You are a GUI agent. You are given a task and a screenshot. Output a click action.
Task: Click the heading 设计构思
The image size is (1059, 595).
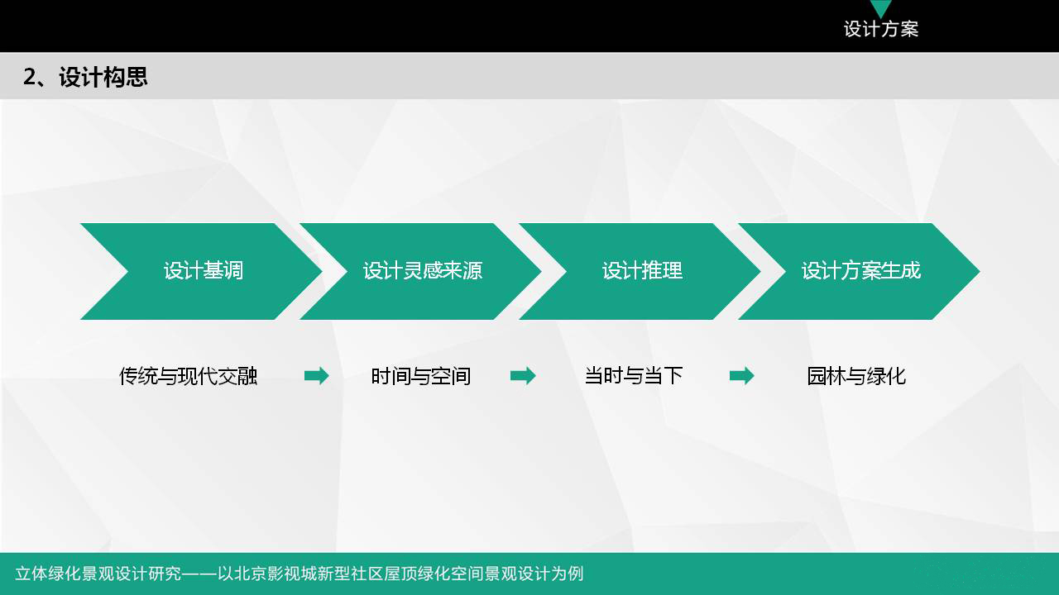click(x=103, y=77)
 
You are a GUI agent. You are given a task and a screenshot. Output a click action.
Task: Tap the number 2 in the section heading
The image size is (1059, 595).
click(x=29, y=77)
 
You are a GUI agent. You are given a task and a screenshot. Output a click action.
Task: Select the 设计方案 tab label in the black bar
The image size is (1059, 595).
click(x=881, y=29)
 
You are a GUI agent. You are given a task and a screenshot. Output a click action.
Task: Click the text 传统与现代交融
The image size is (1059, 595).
click(x=188, y=376)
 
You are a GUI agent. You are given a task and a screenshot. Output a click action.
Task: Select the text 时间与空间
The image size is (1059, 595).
click(x=421, y=376)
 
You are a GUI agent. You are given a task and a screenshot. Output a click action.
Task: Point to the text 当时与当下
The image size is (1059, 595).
click(x=634, y=376)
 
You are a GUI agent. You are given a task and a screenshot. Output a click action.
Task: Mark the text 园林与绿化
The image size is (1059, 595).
click(x=856, y=376)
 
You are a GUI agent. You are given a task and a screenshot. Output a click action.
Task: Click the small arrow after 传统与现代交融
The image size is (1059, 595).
click(x=316, y=376)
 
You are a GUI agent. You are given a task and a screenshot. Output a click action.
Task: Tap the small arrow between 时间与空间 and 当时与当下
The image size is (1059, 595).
click(x=523, y=376)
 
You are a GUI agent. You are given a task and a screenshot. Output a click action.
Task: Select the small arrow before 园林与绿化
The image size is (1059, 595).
click(x=742, y=376)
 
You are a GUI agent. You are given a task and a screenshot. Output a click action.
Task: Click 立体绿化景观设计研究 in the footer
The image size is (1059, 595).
click(x=98, y=574)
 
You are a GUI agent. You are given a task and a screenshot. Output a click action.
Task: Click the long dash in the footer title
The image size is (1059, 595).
click(x=199, y=574)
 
